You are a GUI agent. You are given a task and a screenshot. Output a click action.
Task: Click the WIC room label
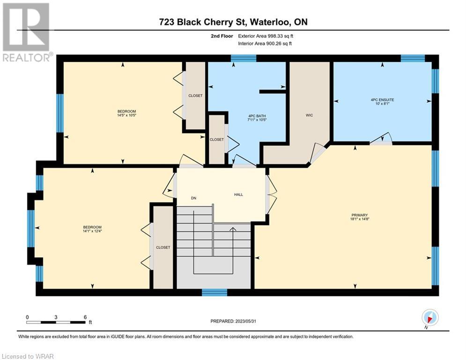[x=309, y=115]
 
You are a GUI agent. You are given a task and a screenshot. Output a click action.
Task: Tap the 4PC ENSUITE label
[x=382, y=100]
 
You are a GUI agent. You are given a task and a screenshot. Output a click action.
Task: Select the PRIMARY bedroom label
[x=360, y=215]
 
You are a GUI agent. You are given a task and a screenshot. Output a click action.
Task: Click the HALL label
[x=238, y=195]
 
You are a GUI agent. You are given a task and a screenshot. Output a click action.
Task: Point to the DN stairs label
[x=193, y=198]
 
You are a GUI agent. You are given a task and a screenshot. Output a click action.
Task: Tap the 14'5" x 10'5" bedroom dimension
[x=126, y=115]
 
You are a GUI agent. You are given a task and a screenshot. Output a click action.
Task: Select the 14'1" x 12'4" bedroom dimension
[x=92, y=231]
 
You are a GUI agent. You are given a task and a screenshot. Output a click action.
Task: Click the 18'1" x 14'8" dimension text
[x=360, y=219]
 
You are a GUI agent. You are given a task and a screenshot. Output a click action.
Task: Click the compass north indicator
[x=430, y=318]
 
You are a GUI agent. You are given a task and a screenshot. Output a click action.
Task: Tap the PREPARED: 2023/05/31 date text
[x=233, y=321]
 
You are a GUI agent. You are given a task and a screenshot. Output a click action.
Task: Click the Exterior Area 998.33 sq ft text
[x=266, y=36]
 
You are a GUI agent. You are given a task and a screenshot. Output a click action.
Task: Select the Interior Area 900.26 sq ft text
[x=265, y=44]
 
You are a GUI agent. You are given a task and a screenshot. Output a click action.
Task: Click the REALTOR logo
[x=27, y=32]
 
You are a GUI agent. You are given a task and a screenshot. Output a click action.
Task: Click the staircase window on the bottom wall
[x=215, y=292]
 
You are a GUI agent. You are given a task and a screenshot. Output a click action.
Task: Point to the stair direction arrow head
[x=232, y=229]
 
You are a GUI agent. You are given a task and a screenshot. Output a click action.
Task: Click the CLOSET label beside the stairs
[x=163, y=247]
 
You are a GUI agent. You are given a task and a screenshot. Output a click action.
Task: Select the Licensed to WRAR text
[x=28, y=356]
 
